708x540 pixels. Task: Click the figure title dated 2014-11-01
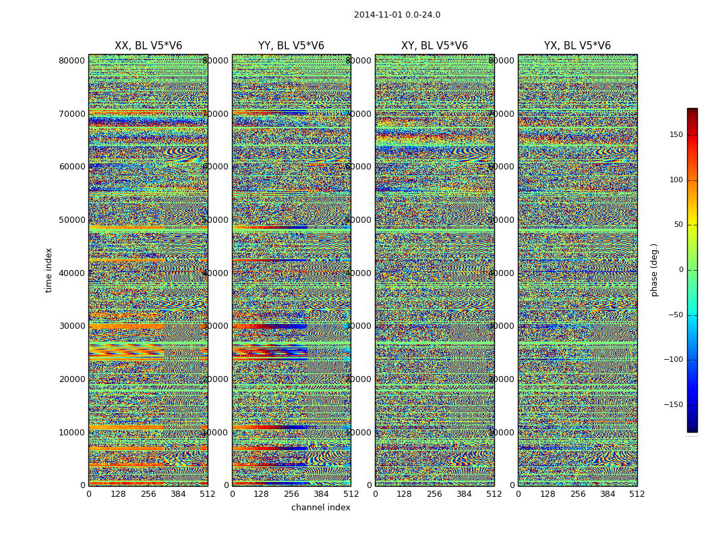click(396, 15)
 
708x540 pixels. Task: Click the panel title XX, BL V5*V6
click(148, 46)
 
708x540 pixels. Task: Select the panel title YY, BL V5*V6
click(291, 46)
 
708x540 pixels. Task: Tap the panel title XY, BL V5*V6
click(434, 46)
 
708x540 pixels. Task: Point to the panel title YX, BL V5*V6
click(577, 46)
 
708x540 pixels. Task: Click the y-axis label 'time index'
click(49, 269)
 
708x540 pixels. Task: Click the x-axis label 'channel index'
click(320, 508)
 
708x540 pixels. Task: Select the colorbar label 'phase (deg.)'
click(654, 269)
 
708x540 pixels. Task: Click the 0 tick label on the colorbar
click(680, 270)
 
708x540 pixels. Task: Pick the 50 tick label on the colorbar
click(678, 225)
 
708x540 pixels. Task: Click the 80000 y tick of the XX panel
click(71, 61)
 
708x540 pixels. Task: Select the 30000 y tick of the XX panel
click(71, 326)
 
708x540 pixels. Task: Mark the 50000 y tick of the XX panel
click(71, 220)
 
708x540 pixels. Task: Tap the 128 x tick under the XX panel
click(118, 494)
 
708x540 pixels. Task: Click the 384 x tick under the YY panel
click(321, 494)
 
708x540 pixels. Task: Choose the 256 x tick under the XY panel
click(434, 494)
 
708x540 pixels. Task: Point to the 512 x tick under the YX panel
click(637, 494)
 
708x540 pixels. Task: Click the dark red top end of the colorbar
click(692, 111)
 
